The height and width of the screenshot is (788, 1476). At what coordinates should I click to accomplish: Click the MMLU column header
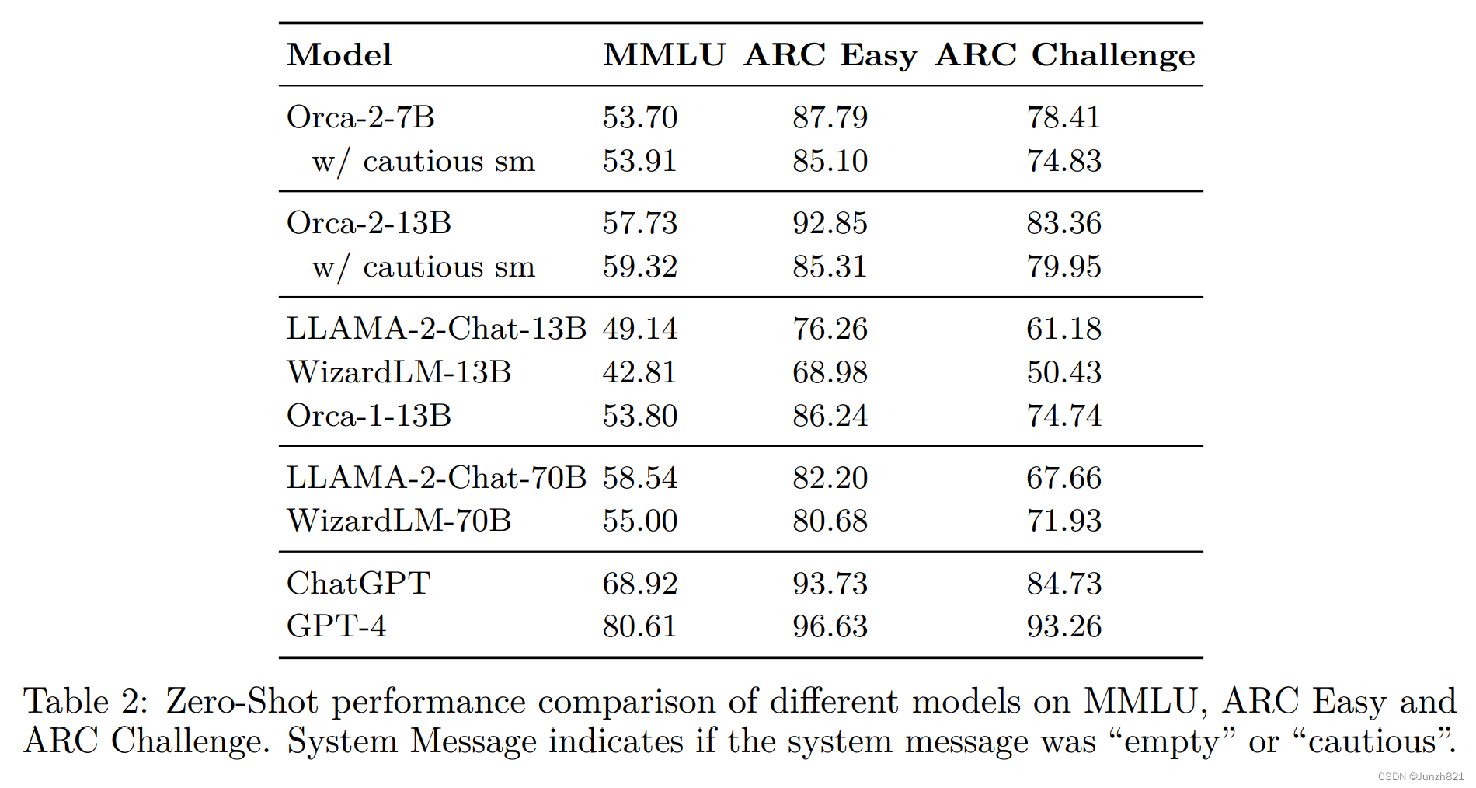point(664,55)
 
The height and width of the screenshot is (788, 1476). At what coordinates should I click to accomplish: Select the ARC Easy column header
point(830,55)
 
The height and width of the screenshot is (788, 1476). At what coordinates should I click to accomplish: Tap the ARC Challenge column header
point(1065,55)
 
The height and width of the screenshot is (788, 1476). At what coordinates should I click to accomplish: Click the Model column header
point(339,55)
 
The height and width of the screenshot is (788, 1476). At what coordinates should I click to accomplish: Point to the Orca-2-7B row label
point(360,117)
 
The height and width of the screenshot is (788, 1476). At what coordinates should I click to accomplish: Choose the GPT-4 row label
point(336,626)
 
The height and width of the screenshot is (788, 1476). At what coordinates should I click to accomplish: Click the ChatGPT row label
point(358,584)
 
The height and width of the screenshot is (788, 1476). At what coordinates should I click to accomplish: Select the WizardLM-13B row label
point(399,372)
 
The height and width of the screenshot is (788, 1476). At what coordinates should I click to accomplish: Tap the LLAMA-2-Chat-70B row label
point(436,478)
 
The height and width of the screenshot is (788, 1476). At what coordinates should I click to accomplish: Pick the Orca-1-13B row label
point(369,416)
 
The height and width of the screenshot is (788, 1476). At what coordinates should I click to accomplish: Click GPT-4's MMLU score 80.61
point(640,626)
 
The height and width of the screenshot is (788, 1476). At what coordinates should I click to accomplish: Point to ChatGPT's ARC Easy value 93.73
point(830,584)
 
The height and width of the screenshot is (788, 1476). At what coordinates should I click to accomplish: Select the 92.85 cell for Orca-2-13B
point(830,223)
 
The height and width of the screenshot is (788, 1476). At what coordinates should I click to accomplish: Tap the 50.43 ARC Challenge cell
point(1063,372)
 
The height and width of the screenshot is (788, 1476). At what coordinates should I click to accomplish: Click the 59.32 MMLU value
point(640,267)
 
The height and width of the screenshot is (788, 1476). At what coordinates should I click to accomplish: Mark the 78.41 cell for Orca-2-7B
point(1063,117)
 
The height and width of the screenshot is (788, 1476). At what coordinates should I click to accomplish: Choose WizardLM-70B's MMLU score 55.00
point(640,521)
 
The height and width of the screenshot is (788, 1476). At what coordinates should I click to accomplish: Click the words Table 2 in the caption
point(85,702)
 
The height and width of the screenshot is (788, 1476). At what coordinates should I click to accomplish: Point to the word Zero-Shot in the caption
point(242,702)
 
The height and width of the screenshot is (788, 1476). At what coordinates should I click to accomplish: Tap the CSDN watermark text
point(1420,776)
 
